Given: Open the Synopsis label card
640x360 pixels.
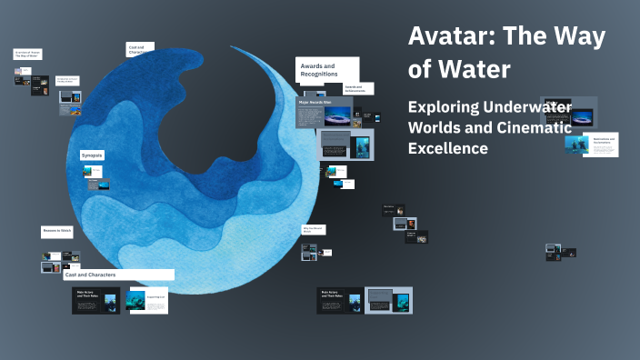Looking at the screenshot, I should [x=92, y=155].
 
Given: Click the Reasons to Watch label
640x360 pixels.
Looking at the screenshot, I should [x=57, y=231].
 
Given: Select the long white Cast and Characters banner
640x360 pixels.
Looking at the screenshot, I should [x=117, y=274].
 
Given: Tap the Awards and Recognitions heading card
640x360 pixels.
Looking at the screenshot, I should [x=327, y=70].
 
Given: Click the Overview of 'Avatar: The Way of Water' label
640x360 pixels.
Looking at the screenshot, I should [x=26, y=55].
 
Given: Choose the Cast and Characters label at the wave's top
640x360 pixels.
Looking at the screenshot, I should [x=139, y=49].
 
